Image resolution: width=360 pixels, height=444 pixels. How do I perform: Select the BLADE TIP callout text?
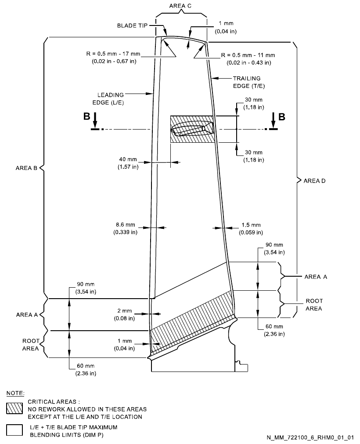[133, 25]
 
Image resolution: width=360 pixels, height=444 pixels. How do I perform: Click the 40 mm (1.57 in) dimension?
[128, 163]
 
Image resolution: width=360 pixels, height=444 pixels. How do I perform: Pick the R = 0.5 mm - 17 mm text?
[113, 58]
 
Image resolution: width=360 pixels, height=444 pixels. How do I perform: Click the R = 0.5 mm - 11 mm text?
[248, 58]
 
